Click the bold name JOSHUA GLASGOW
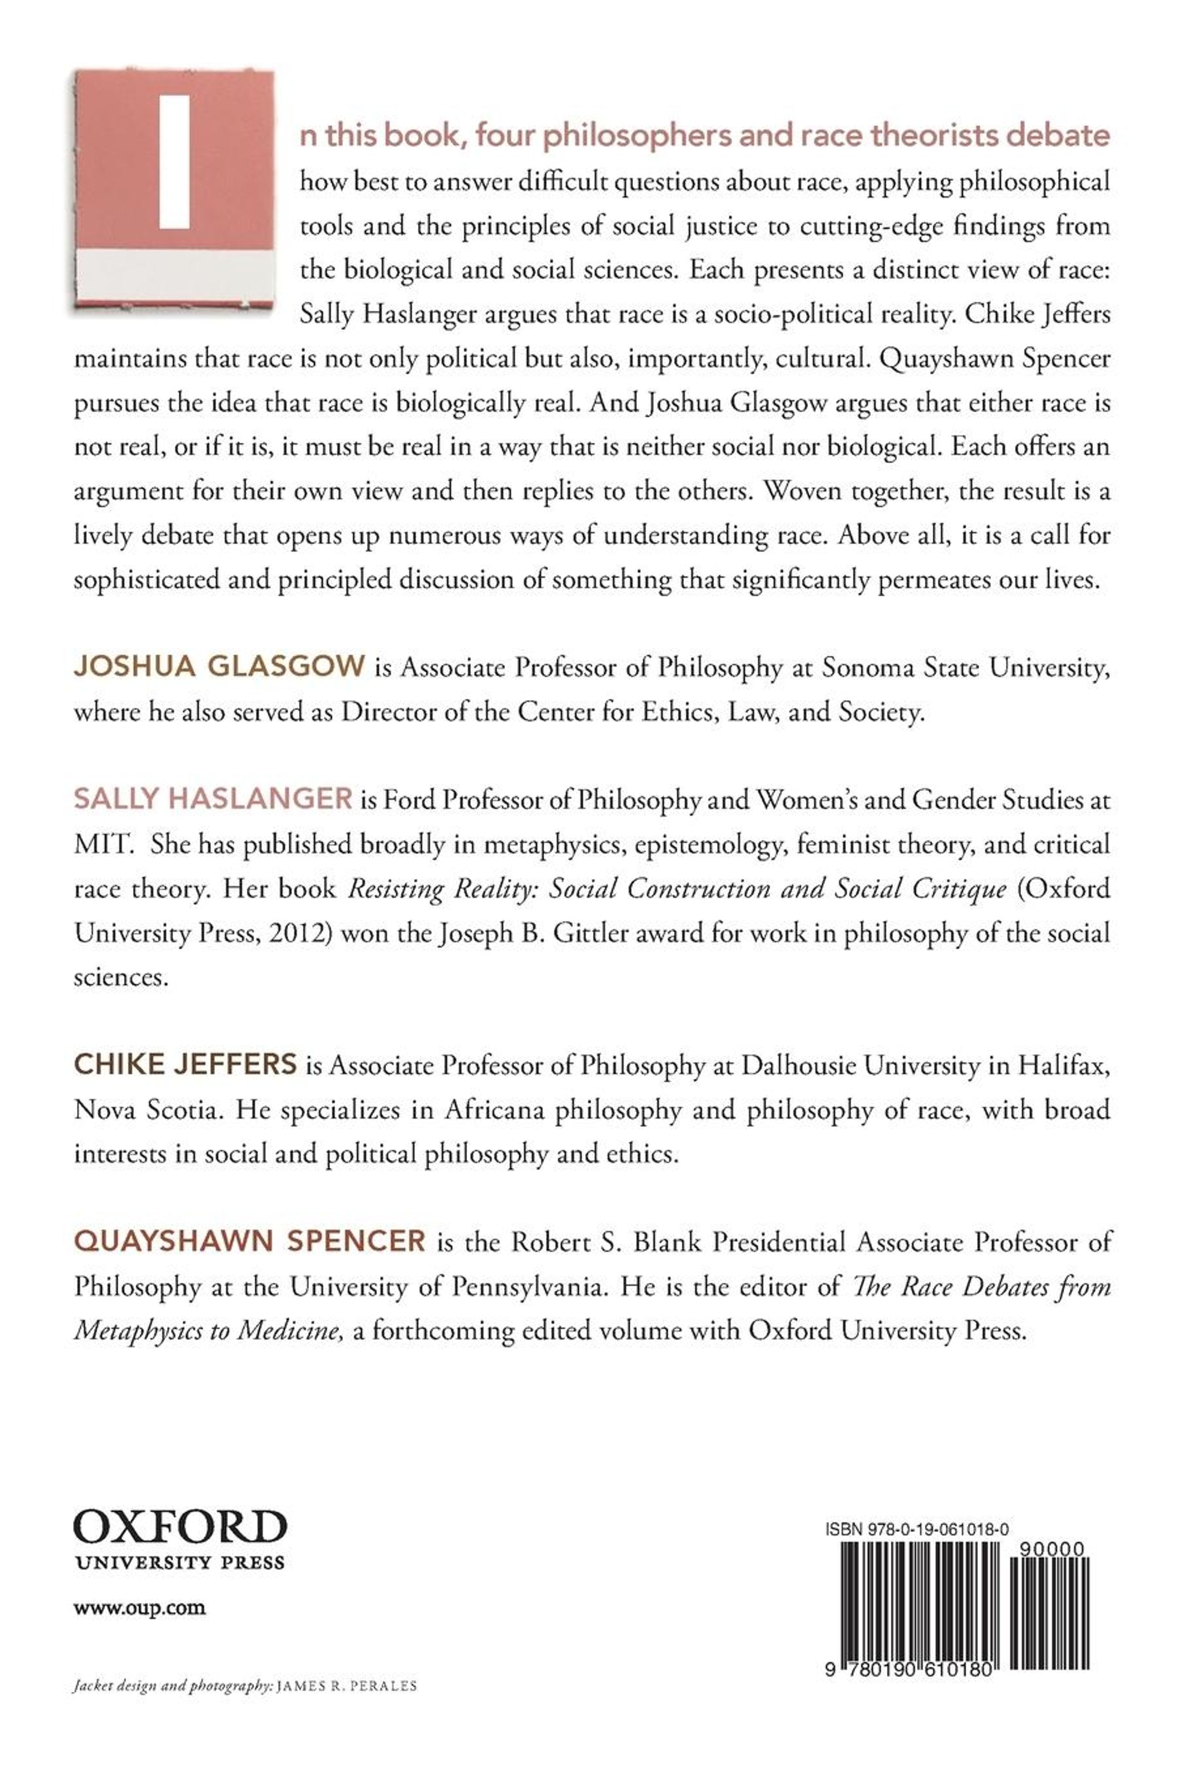(219, 667)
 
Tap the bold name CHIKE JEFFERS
(185, 1065)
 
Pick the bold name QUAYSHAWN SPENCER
(249, 1241)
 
